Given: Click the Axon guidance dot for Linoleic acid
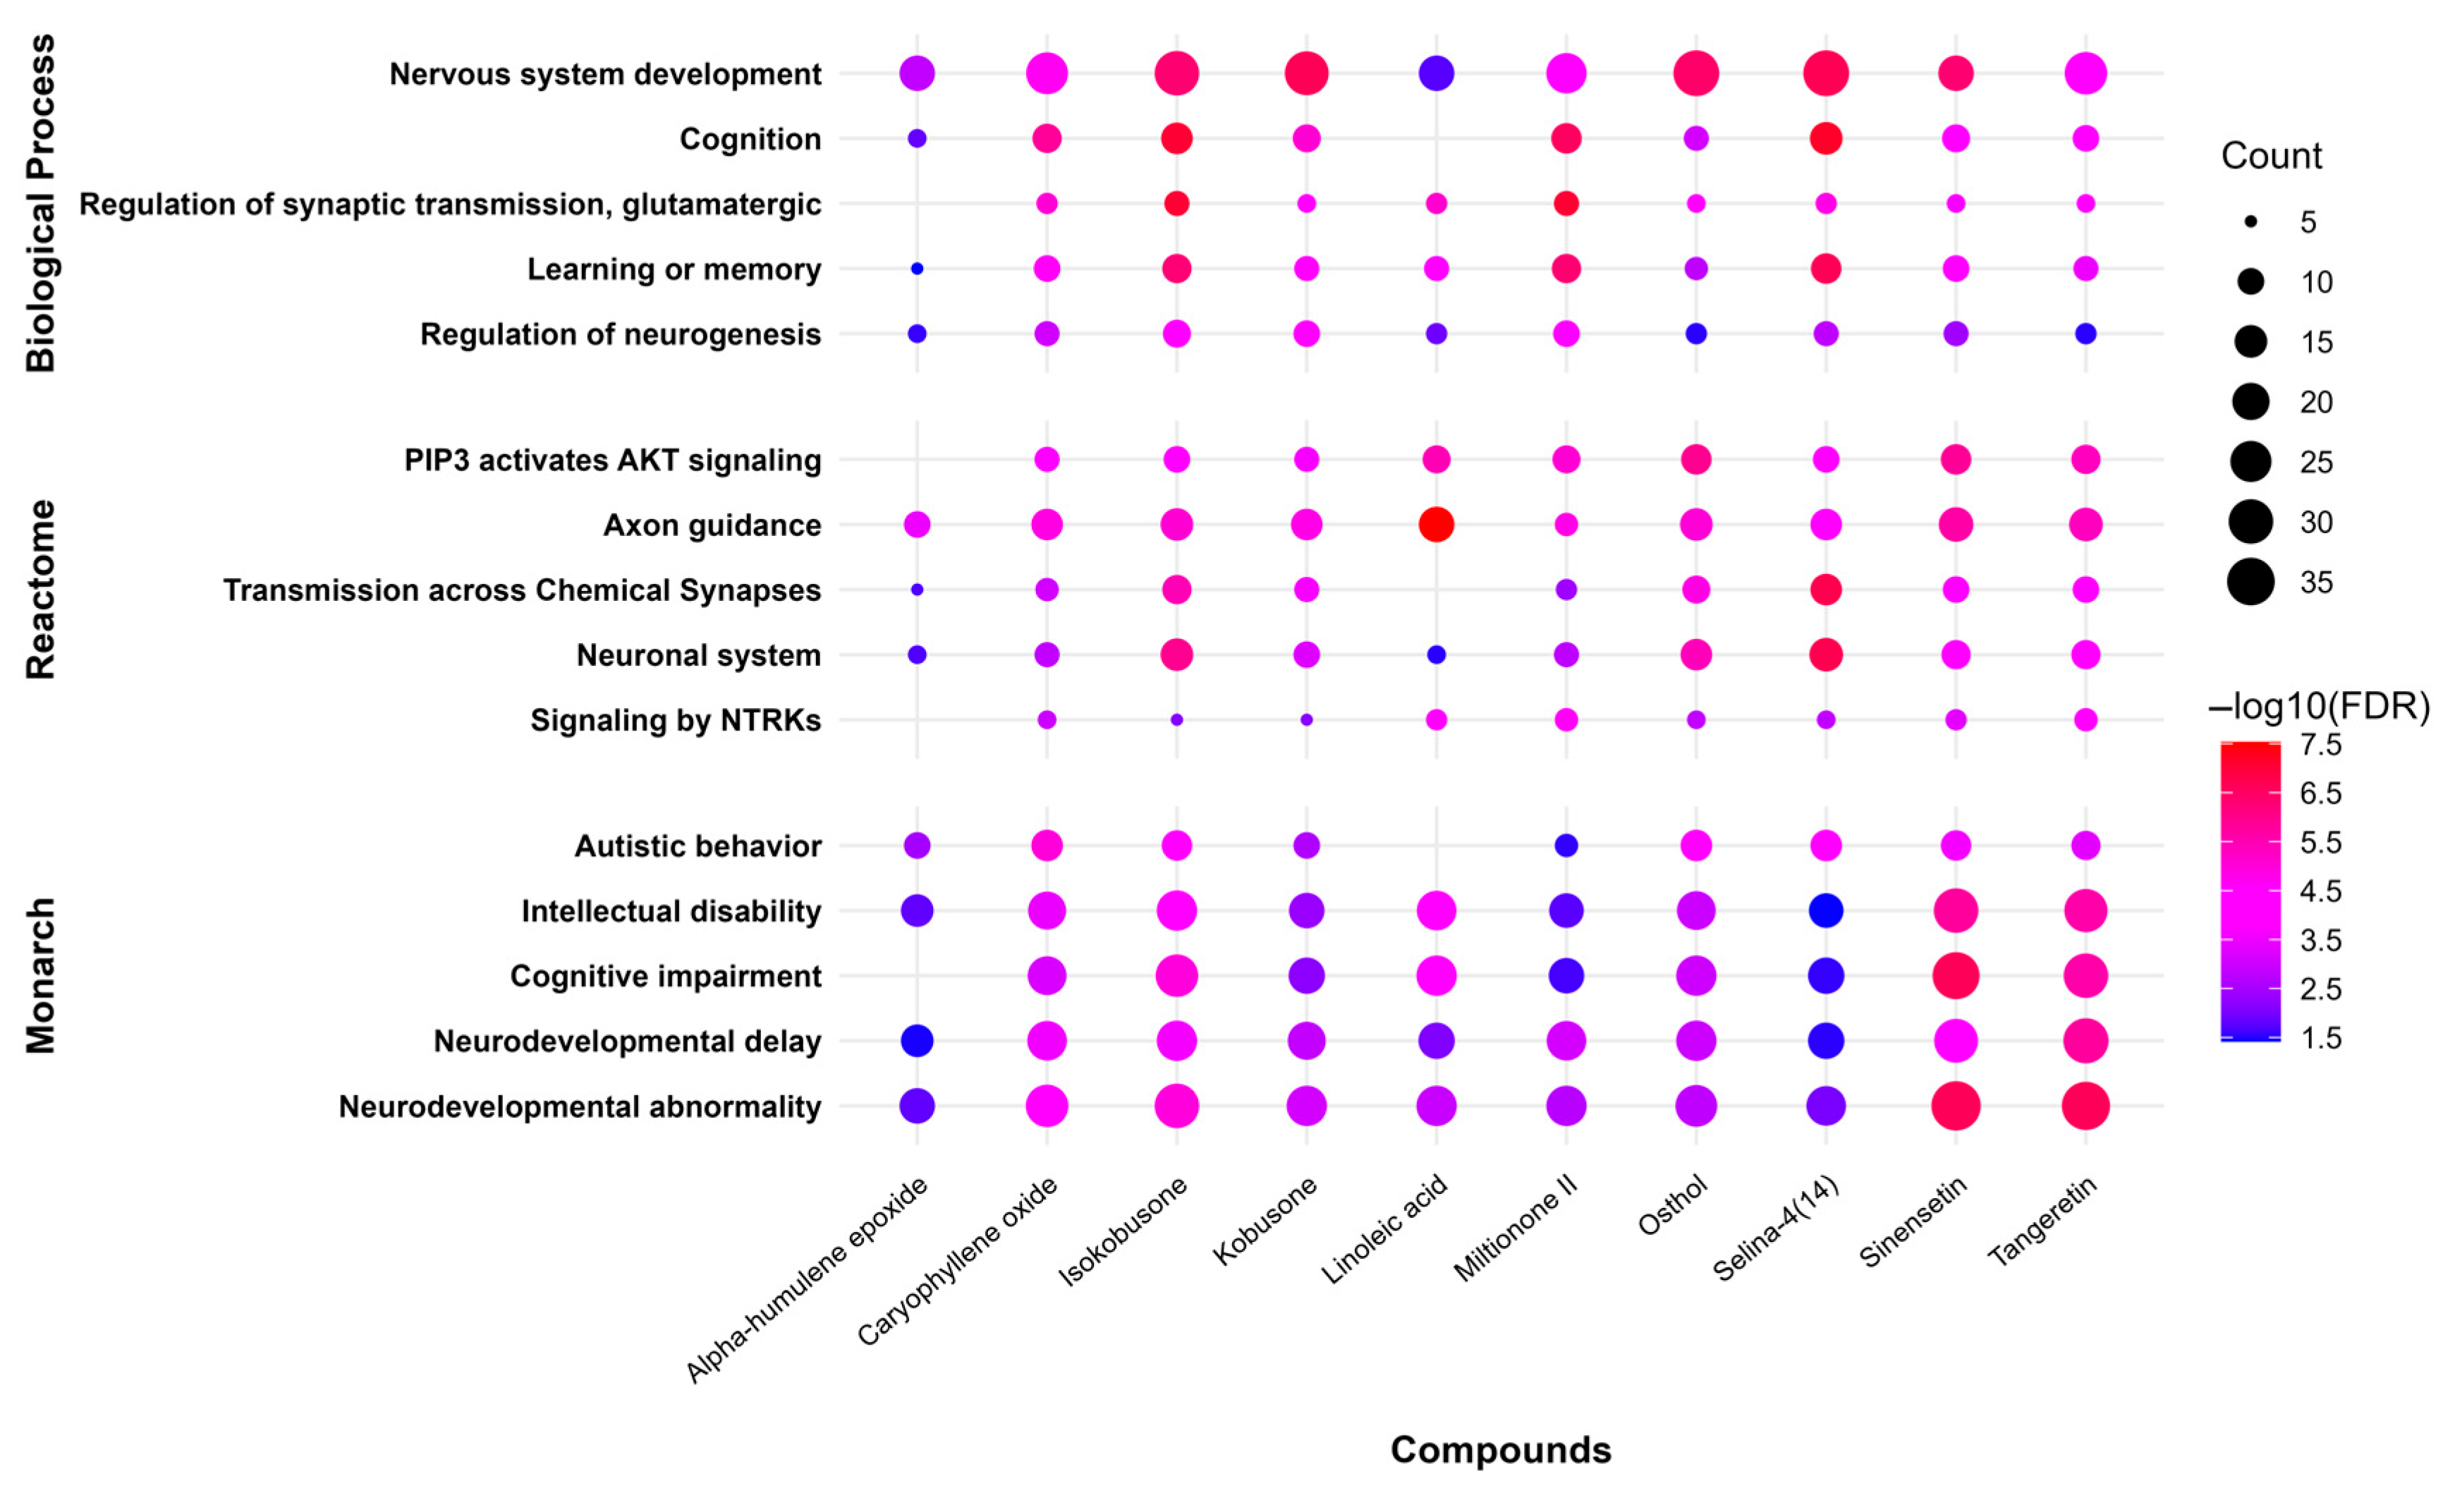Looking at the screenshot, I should tap(1436, 524).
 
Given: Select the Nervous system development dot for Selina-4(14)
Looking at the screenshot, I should tap(1826, 73).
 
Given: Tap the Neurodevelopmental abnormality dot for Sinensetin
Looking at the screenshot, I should tap(1956, 1106).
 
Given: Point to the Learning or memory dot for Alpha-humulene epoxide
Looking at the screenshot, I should tap(917, 269).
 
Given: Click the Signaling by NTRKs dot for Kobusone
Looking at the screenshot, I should tap(1306, 720).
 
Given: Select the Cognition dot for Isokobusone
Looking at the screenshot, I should tap(1177, 138).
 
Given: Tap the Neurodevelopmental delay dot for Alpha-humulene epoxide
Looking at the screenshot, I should tap(917, 1041).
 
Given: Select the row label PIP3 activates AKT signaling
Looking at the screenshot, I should tap(612, 460).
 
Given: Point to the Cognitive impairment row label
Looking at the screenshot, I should tap(665, 976).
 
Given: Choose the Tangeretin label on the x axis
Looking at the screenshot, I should tap(2042, 1221).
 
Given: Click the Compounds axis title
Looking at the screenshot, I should tap(1500, 1449).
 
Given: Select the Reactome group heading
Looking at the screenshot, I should tap(40, 590).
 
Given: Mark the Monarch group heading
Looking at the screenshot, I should tap(40, 976).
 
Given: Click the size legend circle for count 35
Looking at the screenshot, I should tap(2250, 582).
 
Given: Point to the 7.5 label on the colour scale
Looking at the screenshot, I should tap(2320, 745).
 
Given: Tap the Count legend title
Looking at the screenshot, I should tap(2271, 156).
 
